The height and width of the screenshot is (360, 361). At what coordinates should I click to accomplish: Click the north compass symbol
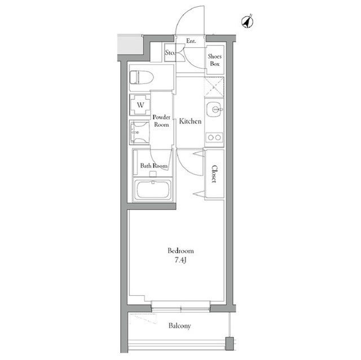coord(247,21)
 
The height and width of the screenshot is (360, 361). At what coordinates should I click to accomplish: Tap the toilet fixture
coord(142,78)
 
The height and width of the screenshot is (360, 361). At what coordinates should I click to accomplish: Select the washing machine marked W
coord(140,105)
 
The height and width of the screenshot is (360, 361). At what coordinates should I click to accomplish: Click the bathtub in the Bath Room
coord(153,190)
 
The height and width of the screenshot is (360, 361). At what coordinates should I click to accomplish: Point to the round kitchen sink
coord(214,109)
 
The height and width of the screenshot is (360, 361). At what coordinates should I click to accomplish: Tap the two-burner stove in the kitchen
coord(214,137)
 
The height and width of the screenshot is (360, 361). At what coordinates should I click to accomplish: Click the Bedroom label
coord(180,251)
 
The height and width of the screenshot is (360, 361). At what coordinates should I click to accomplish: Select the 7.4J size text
coord(180,260)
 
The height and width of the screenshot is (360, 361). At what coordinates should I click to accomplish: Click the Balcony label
coord(179,326)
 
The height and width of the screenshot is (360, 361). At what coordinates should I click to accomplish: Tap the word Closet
coord(214,174)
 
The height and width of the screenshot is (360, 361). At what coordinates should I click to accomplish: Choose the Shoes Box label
coord(214,60)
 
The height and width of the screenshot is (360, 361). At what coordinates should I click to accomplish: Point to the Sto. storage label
coord(170,52)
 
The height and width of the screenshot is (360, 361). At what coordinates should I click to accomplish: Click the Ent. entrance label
coord(191,41)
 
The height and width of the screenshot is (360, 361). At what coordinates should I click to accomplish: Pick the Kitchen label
coord(190,121)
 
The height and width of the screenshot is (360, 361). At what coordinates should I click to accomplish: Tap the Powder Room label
coord(161,121)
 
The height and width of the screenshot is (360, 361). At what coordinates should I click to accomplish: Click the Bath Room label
coord(154,166)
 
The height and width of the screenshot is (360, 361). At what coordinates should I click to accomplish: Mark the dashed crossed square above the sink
coord(214,87)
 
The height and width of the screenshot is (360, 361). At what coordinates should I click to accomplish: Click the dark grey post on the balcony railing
coord(230,344)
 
